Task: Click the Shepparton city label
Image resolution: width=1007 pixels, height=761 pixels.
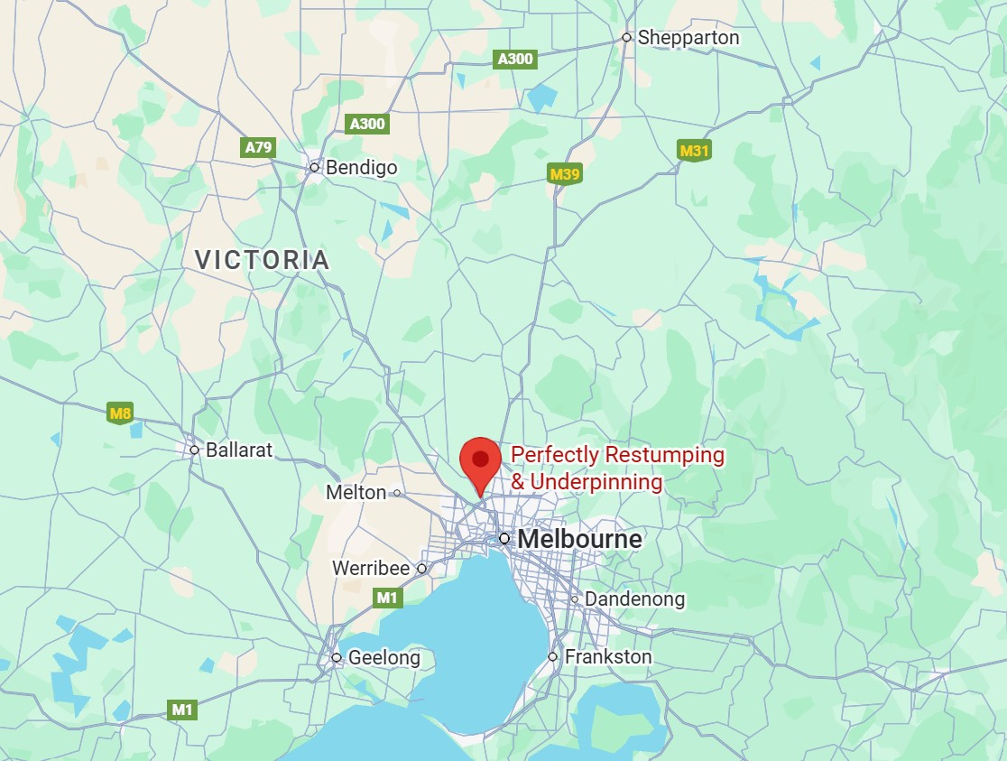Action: [x=688, y=38]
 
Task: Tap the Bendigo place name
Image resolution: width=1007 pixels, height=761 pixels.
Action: [x=361, y=167]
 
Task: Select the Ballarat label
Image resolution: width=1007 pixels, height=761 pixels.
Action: [x=238, y=450]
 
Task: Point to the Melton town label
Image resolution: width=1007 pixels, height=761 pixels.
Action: [x=356, y=493]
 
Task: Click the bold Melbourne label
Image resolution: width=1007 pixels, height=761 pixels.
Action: [x=579, y=540]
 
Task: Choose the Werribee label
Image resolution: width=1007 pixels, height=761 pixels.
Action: [x=372, y=569]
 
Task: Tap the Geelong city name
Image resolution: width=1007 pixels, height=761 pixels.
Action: [x=384, y=658]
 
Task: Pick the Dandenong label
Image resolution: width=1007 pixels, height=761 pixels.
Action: [x=634, y=599]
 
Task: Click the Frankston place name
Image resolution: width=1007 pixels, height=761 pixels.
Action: [x=607, y=657]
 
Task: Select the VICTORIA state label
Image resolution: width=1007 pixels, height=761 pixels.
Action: [x=263, y=261]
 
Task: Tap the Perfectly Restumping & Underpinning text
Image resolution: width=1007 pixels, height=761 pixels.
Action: [x=617, y=469]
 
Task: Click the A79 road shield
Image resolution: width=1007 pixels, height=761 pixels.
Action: [x=259, y=147]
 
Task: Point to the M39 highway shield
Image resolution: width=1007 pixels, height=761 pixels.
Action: [x=564, y=173]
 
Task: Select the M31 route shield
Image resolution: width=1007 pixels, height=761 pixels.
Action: [x=694, y=151]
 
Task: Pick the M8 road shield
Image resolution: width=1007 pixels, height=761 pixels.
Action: [x=120, y=414]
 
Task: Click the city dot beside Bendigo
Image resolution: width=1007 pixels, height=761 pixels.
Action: [x=315, y=167]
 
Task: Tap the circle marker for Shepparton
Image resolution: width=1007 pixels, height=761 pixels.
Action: [x=626, y=38]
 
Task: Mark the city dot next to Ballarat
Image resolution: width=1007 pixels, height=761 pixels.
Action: [x=194, y=450]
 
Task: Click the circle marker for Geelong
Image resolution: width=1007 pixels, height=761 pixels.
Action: [x=337, y=658]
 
